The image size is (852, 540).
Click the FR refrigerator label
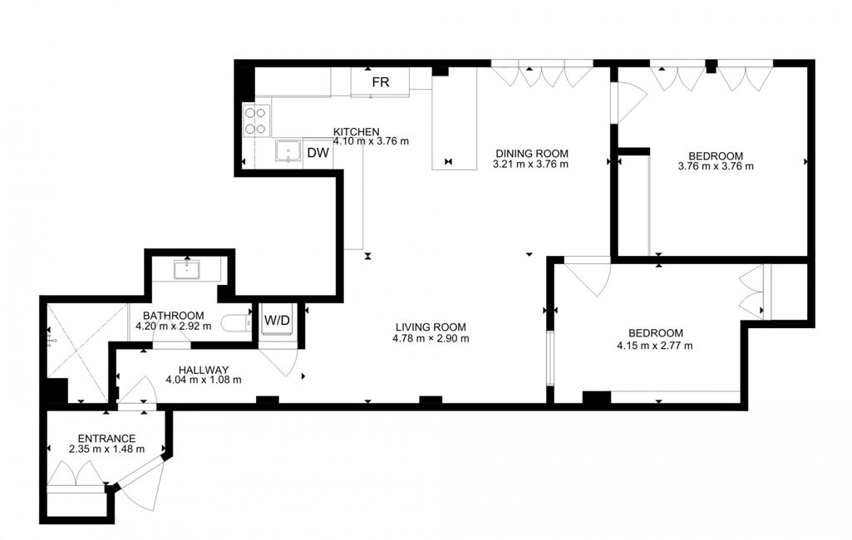tap(381, 82)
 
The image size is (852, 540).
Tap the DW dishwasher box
tap(318, 153)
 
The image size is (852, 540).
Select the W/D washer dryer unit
tap(277, 321)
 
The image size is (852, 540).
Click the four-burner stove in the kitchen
tap(257, 120)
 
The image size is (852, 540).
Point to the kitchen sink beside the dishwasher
tap(288, 151)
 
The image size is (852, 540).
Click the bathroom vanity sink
tap(186, 269)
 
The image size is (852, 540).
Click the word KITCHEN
tap(356, 131)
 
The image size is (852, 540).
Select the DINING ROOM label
tap(531, 154)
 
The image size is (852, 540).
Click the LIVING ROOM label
tap(431, 327)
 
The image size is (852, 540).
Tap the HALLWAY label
tap(203, 370)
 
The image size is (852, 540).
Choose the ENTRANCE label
tap(106, 439)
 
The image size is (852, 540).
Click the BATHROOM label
tap(174, 316)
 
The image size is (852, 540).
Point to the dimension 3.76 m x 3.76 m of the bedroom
tap(716, 166)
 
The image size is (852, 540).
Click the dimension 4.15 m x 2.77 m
tap(655, 346)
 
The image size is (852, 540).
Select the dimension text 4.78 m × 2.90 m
tap(431, 338)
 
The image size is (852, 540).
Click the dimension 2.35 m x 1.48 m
tap(107, 449)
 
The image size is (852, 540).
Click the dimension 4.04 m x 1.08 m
tap(204, 380)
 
